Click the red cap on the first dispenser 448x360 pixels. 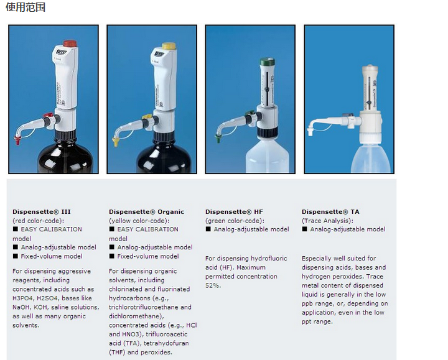(x=70, y=44)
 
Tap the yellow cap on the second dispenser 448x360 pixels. (x=169, y=46)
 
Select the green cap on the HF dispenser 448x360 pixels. (x=267, y=62)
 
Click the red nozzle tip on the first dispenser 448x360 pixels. (x=17, y=140)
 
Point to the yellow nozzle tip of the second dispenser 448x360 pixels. (x=116, y=142)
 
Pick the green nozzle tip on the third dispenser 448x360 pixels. (x=218, y=139)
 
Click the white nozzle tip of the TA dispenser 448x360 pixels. (x=310, y=132)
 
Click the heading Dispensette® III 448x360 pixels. (x=42, y=212)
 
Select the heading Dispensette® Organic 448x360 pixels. (x=146, y=212)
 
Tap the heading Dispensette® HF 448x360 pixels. (x=234, y=212)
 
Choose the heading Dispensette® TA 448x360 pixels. (x=330, y=212)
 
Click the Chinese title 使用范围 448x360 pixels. (x=26, y=7)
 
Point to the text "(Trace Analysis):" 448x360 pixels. (x=327, y=221)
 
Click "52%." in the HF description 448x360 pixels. (x=213, y=285)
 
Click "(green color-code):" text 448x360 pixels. (x=235, y=221)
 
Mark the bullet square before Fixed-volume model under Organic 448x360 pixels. (x=112, y=256)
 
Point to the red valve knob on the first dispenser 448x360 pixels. (x=48, y=115)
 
